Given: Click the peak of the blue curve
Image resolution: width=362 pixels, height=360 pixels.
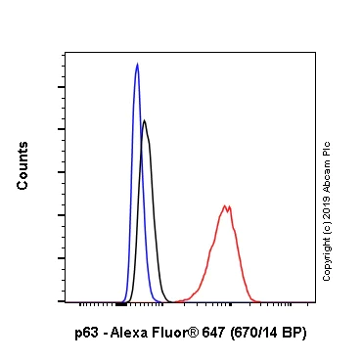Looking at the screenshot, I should pos(137,65).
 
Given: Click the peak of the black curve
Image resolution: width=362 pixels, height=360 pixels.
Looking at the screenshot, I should pos(145,120).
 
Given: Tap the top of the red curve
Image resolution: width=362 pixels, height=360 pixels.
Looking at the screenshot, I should pos(227,206).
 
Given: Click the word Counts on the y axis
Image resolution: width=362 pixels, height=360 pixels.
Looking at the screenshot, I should pos(23,165).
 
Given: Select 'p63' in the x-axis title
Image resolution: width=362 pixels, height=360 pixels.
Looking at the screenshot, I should pos(86,333).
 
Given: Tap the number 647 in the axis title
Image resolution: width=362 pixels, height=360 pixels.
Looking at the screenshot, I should pos(213,333).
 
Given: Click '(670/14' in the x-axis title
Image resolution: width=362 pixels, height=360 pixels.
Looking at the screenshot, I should pos(257,333).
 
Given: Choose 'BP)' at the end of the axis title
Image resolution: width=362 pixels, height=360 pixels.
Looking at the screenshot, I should pos(295,333).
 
